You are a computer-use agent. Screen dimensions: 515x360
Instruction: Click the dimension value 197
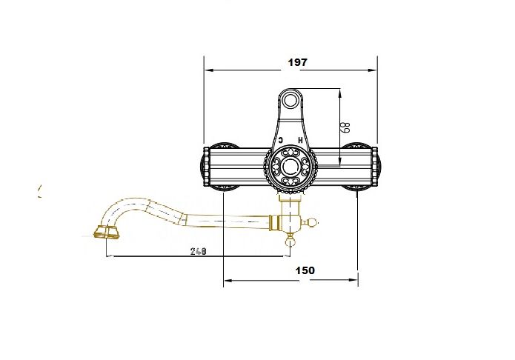point(298,62)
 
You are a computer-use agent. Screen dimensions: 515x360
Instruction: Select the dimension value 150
point(305,270)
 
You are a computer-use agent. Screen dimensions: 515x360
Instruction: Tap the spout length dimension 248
point(199,251)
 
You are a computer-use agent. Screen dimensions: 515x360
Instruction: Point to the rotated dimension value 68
point(346,127)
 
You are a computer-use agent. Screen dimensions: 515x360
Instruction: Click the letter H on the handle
point(300,140)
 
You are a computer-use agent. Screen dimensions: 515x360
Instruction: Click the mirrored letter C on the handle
point(281,140)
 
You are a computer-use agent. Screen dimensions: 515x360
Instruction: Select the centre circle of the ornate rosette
point(290,167)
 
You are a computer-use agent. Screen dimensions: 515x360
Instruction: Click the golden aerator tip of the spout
point(106,233)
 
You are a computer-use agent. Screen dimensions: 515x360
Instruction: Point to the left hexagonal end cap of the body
point(206,167)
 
